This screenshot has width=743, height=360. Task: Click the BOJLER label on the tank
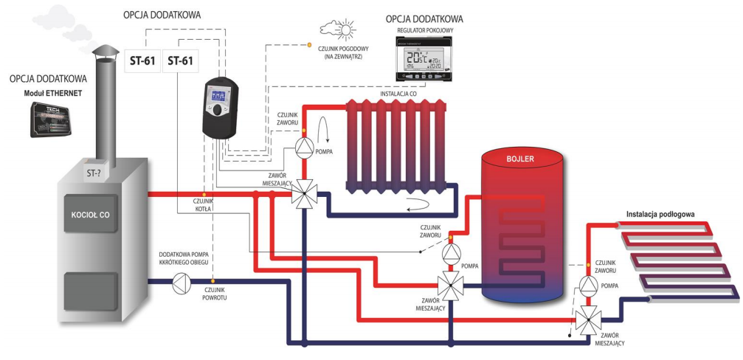(x=520, y=159)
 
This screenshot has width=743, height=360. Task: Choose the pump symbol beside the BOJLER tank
(x=450, y=254)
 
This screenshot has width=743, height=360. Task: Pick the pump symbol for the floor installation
(x=587, y=285)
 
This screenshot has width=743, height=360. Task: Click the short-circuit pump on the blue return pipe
(x=181, y=283)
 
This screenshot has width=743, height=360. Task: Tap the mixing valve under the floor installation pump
(x=587, y=319)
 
